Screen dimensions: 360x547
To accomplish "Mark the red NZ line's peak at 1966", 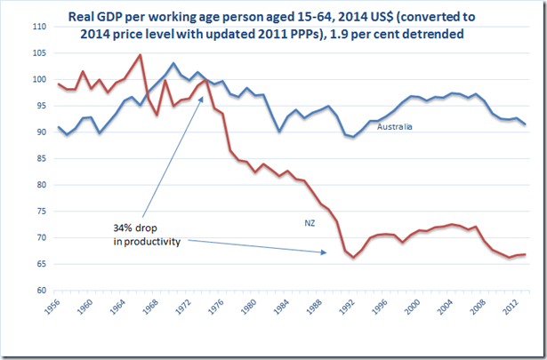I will point(141,55).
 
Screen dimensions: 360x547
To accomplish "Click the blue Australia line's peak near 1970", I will point(173,63).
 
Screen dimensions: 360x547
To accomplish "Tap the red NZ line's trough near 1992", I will point(354,258).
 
